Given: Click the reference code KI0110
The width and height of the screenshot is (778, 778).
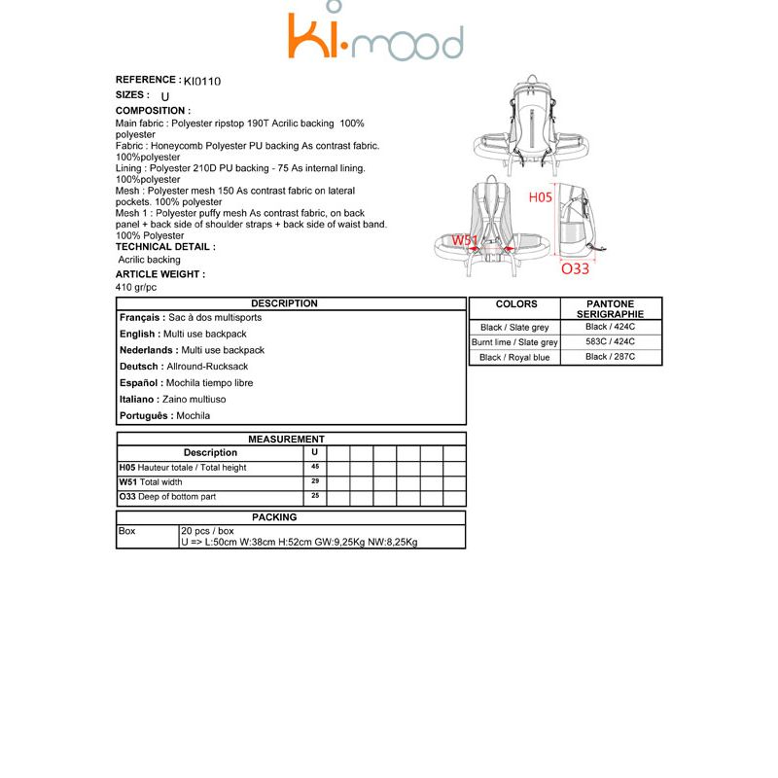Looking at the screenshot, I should [202, 82].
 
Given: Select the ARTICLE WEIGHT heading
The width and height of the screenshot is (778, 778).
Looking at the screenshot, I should [159, 275].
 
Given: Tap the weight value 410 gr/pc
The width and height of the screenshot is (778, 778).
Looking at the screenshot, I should [136, 288].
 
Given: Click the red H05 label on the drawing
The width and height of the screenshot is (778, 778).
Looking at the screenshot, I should [540, 197].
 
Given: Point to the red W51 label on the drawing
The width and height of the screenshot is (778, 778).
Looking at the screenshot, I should [464, 240].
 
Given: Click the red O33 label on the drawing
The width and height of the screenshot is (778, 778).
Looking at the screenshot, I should [575, 269].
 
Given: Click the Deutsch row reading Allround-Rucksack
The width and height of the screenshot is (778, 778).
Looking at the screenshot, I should [184, 367].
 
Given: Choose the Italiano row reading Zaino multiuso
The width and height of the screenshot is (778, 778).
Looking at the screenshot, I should [173, 400].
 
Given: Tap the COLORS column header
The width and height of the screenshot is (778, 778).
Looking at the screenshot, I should [515, 304].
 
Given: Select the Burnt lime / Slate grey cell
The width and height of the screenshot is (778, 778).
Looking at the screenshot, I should [514, 342].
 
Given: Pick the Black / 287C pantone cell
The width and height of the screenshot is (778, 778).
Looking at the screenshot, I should [610, 357].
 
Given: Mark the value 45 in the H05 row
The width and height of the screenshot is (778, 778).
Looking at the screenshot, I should [315, 467].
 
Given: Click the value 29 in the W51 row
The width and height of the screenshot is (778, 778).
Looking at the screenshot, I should [315, 481].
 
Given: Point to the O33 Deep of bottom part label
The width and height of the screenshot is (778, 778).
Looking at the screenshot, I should [167, 497].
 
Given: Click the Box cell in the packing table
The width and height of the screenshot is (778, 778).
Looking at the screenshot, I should [127, 532].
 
